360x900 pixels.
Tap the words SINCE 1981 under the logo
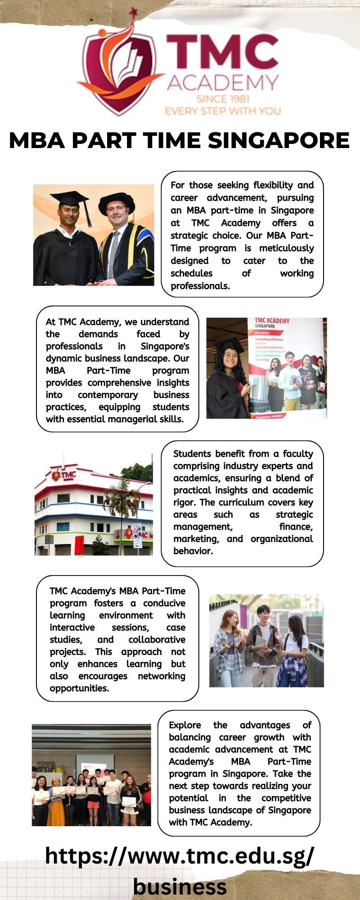coord(223,99)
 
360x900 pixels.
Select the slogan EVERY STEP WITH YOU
coord(223,111)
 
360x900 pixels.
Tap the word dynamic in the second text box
coord(61,359)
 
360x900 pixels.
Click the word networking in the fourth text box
coord(162,676)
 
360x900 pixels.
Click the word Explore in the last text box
coord(185,725)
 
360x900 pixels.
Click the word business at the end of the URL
coord(180,886)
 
